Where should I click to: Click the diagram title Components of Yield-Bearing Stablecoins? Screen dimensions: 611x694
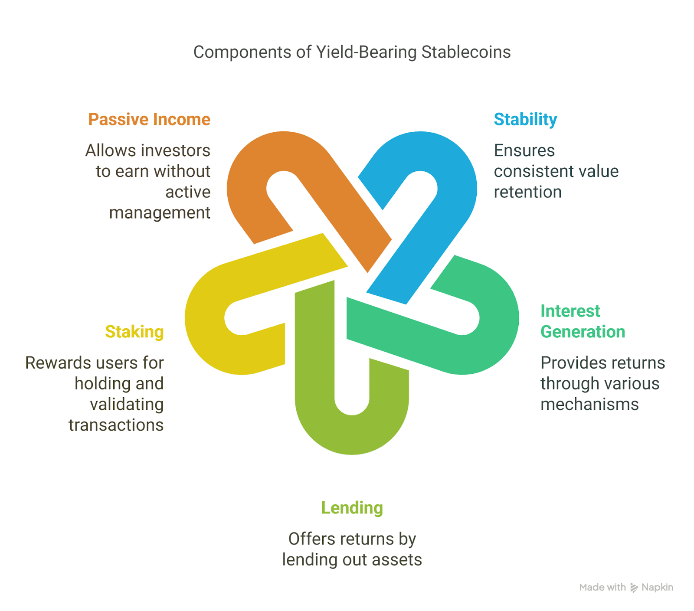pyautogui.click(x=352, y=52)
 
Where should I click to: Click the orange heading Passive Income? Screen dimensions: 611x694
pyautogui.click(x=149, y=120)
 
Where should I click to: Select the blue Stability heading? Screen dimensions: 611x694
pyautogui.click(x=525, y=120)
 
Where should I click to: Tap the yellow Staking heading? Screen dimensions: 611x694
pyautogui.click(x=134, y=332)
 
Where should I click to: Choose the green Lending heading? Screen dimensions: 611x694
pyautogui.click(x=352, y=508)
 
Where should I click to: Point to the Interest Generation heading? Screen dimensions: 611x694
pyautogui.click(x=583, y=321)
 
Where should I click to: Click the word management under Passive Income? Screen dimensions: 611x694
pyautogui.click(x=160, y=213)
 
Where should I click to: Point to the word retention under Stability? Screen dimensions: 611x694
pyautogui.click(x=527, y=192)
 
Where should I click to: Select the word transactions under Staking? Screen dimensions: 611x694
pyautogui.click(x=116, y=425)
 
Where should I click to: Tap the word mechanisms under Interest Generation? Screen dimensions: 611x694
pyautogui.click(x=589, y=405)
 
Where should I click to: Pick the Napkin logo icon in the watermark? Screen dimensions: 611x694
pyautogui.click(x=634, y=588)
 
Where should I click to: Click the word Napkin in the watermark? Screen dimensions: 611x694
pyautogui.click(x=657, y=588)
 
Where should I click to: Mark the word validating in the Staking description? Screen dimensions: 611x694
pyautogui.click(x=127, y=405)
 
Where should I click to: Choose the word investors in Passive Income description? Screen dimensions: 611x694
pyautogui.click(x=176, y=151)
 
